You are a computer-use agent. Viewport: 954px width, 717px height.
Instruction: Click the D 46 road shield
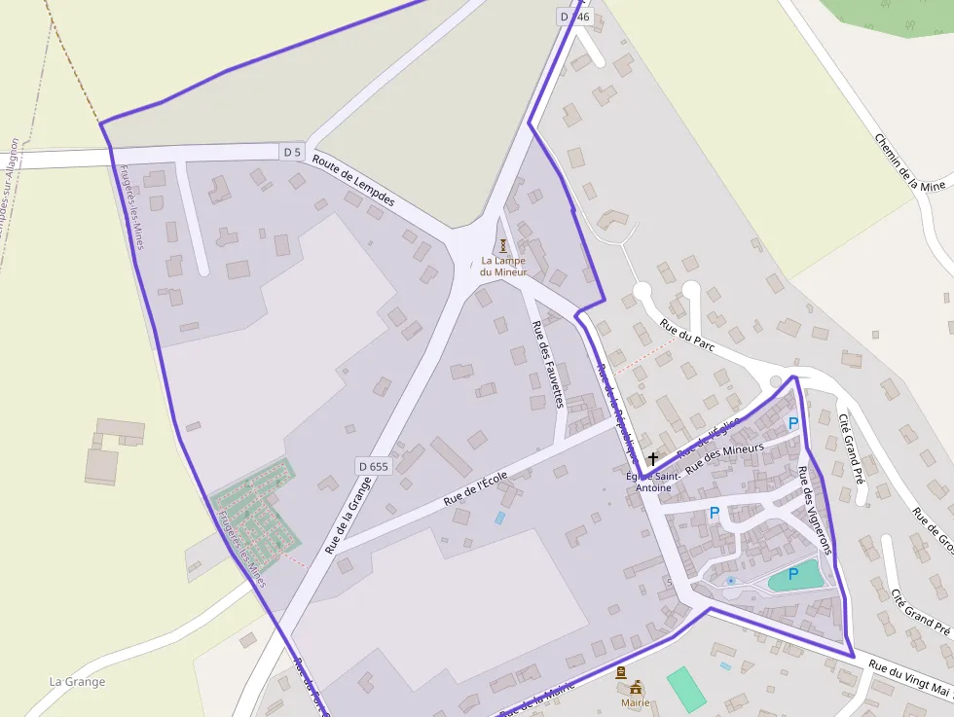(x=575, y=17)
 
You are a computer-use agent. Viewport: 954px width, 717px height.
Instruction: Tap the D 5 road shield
(x=292, y=152)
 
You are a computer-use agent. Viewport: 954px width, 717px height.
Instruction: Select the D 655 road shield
(x=373, y=467)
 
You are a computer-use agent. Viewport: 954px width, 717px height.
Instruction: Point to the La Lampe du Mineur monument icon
(x=503, y=245)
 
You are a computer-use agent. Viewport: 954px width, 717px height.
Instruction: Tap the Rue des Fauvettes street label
(x=547, y=364)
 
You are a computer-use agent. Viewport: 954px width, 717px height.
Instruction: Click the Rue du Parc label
(x=687, y=338)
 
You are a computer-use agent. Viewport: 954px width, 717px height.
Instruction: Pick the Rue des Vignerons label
(x=814, y=510)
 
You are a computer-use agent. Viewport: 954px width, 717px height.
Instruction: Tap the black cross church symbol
(x=652, y=457)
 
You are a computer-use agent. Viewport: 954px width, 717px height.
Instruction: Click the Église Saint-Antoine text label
(x=653, y=482)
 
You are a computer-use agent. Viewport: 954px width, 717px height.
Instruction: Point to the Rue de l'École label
(x=475, y=488)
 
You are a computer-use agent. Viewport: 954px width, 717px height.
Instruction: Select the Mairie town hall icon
(x=636, y=687)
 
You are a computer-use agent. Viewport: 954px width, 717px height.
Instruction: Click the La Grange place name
(x=77, y=682)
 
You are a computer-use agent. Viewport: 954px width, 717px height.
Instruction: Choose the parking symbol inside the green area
(x=792, y=574)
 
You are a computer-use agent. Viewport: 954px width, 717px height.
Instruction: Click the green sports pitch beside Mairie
(x=687, y=688)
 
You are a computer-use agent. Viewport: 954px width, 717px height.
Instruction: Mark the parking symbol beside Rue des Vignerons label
(x=793, y=423)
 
